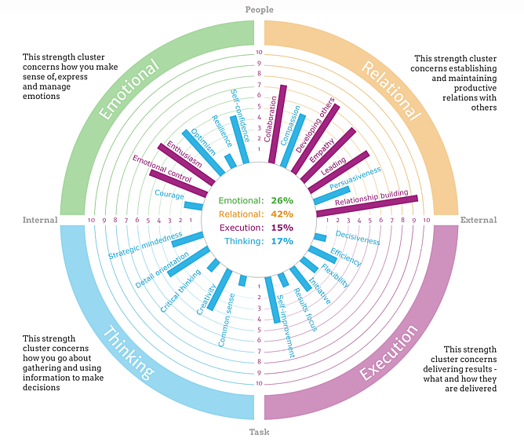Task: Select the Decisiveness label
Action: (x=358, y=237)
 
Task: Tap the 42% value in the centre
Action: (x=282, y=214)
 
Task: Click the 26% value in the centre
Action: (x=282, y=200)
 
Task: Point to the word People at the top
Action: (x=259, y=9)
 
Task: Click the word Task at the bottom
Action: (x=259, y=432)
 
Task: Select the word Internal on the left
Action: (x=40, y=220)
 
